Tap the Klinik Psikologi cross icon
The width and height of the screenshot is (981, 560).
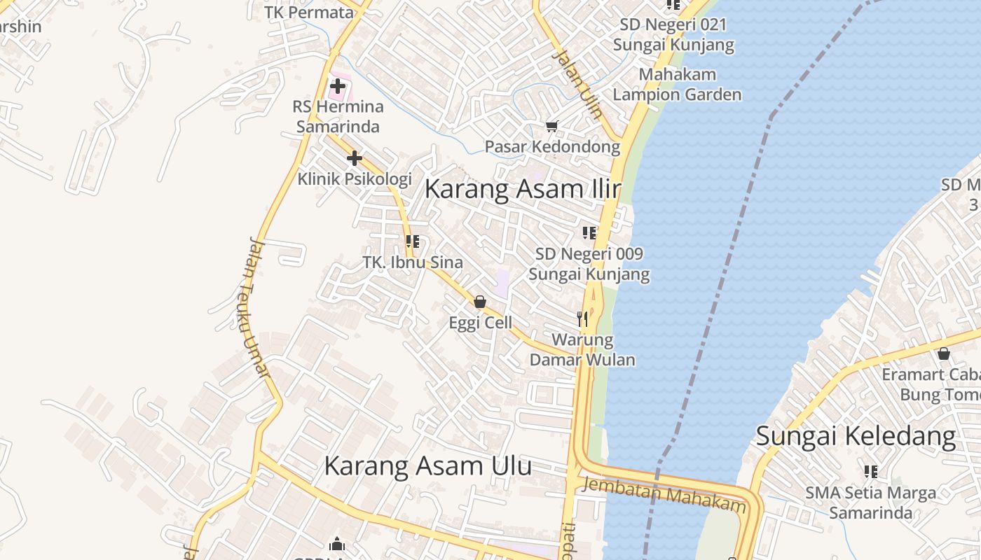[x=355, y=158]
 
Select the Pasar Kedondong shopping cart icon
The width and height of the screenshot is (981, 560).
[x=551, y=127]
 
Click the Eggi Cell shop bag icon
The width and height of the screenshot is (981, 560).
[x=480, y=302]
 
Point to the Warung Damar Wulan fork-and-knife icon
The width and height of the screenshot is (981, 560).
[x=582, y=319]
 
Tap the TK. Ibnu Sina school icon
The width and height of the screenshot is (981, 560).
[x=413, y=242]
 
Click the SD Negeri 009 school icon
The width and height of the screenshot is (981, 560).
[x=589, y=233]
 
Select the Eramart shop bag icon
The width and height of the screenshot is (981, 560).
[x=944, y=353]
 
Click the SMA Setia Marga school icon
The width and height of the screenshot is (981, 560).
[x=871, y=472]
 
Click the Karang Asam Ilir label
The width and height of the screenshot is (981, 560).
[x=523, y=190]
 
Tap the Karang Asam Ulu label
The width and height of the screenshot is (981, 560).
[x=427, y=466]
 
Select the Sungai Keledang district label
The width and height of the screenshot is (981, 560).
[x=856, y=437]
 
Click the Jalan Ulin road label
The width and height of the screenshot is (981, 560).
[x=577, y=84]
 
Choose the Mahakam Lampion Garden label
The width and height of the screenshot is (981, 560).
[x=678, y=85]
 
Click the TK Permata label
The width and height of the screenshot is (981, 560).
[x=310, y=13]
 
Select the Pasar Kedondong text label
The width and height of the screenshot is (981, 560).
[x=553, y=147]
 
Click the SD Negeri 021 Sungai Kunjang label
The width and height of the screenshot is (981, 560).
[x=673, y=35]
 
